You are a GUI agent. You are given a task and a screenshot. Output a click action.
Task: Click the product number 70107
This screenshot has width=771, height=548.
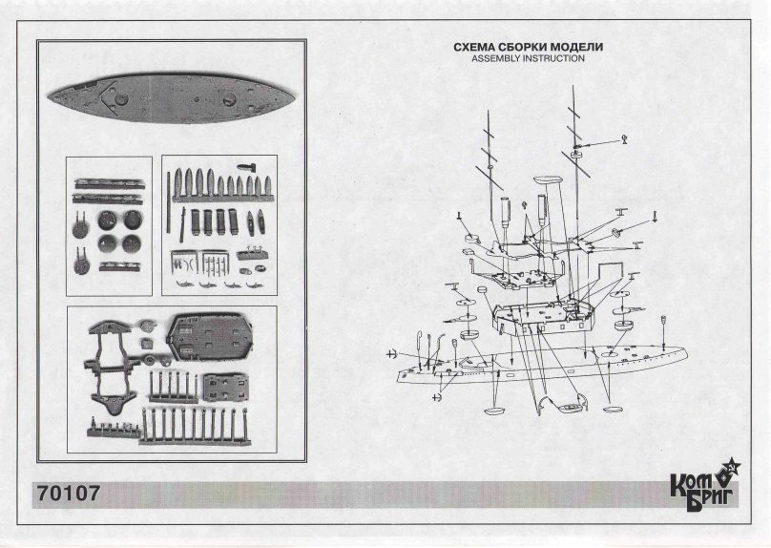(x=69, y=493)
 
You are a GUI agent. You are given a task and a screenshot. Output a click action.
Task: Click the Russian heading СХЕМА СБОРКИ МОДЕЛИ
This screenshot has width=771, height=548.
(x=528, y=47)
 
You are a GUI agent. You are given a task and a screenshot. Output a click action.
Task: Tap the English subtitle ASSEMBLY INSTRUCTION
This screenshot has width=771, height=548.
(x=528, y=58)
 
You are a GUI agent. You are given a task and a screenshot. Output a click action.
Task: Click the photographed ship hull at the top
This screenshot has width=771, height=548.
(x=171, y=97)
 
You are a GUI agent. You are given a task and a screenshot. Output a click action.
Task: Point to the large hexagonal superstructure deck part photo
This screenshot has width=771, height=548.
(x=211, y=337)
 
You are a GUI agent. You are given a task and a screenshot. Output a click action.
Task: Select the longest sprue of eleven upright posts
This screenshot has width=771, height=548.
(x=195, y=426)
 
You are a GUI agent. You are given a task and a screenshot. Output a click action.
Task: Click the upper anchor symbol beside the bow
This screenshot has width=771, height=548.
(x=391, y=353)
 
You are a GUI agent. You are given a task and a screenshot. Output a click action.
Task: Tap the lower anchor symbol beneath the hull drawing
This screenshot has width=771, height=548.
(x=436, y=397)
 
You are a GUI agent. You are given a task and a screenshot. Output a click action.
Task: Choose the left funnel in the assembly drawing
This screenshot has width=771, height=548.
(x=505, y=213)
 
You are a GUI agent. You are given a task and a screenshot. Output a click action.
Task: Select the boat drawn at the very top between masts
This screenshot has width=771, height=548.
(x=548, y=180)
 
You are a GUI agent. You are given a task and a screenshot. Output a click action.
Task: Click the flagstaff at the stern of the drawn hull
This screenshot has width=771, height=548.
(x=664, y=332)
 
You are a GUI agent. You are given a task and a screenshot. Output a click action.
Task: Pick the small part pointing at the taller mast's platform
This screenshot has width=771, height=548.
(x=624, y=139)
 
